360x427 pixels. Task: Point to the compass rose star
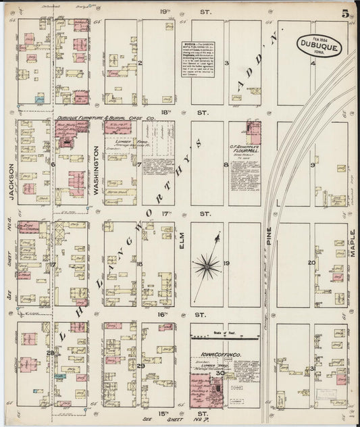[212, 263]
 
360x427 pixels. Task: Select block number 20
[311, 263]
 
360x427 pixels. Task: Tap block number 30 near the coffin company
[220, 372]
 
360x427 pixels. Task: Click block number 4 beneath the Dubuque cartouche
[313, 64]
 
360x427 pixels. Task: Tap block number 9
[312, 165]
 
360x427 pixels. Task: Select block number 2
[139, 64]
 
